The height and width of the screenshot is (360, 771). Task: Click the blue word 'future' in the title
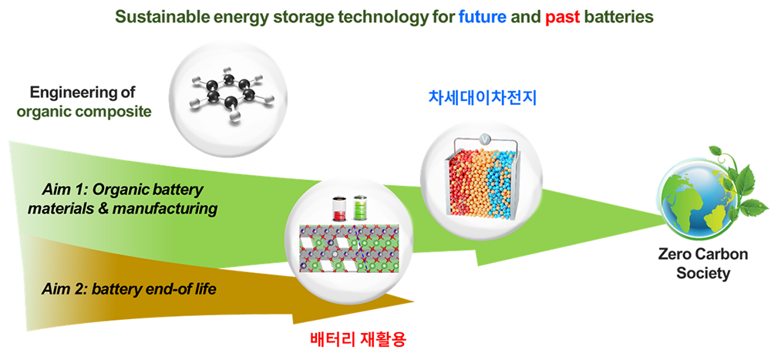[483, 17]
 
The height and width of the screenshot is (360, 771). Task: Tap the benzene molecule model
[230, 93]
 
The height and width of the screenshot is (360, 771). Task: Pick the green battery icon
[359, 209]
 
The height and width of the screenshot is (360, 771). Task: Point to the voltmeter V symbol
[485, 140]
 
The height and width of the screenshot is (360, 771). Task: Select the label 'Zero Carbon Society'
[703, 264]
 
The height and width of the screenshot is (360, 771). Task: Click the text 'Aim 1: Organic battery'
[123, 191]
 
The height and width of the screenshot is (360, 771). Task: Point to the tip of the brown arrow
[414, 301]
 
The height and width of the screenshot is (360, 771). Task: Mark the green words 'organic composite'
[84, 112]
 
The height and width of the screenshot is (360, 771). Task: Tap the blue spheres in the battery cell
[503, 183]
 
